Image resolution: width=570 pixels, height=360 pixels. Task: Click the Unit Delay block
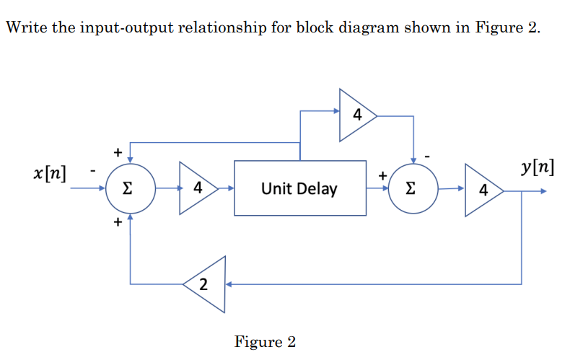pos(299,189)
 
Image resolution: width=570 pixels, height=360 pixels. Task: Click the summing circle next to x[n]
pos(129,189)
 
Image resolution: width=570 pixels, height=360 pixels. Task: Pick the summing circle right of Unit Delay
pos(412,189)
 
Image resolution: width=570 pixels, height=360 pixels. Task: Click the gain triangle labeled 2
pos(206,284)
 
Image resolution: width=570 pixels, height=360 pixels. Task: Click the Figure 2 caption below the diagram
pos(265,341)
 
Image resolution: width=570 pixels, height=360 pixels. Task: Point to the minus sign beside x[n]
pos(92,172)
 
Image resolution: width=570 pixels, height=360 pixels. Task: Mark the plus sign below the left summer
pos(115,224)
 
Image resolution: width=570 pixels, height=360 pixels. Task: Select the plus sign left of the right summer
pos(384,175)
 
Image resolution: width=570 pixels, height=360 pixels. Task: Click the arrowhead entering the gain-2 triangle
pos(230,284)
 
